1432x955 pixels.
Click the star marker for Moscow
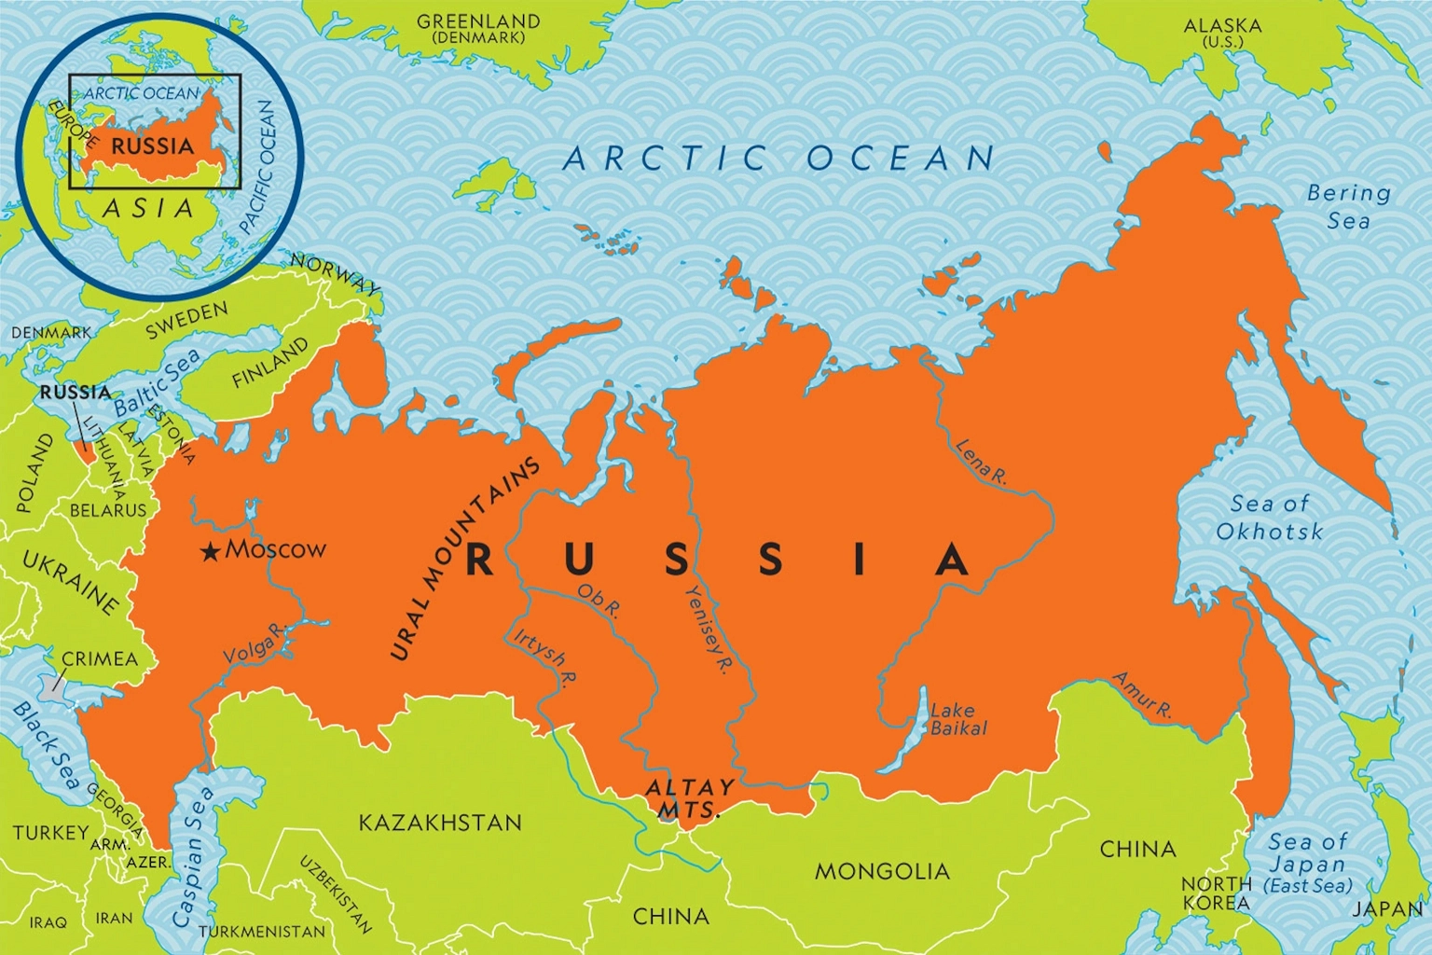(x=212, y=552)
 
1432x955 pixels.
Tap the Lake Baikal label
(x=958, y=719)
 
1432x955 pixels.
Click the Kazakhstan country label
(x=440, y=823)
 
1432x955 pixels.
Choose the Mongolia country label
(x=882, y=872)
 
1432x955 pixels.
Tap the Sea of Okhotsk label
(x=1269, y=518)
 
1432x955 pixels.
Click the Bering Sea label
(x=1348, y=207)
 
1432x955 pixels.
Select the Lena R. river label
(x=981, y=463)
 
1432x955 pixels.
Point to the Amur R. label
(x=1142, y=694)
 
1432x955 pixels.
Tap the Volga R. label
(x=251, y=645)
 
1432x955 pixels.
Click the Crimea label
(x=99, y=659)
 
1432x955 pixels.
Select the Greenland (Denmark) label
(x=478, y=28)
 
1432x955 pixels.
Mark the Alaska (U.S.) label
(x=1222, y=33)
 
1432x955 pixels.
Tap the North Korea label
(x=1216, y=893)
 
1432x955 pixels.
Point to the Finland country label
(x=269, y=365)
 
